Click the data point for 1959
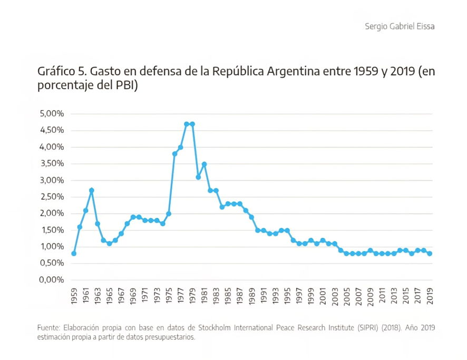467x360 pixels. coord(74,254)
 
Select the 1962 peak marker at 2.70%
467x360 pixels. coord(92,190)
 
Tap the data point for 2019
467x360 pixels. coord(430,254)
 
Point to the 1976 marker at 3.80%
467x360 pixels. coord(174,154)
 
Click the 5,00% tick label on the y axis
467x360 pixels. coord(51,114)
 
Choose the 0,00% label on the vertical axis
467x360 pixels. coord(51,280)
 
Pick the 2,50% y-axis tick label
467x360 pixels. coord(51,197)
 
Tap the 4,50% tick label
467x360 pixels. coord(51,130)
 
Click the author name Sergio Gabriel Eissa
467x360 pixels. coord(400,26)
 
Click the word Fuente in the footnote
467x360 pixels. coord(49,328)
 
